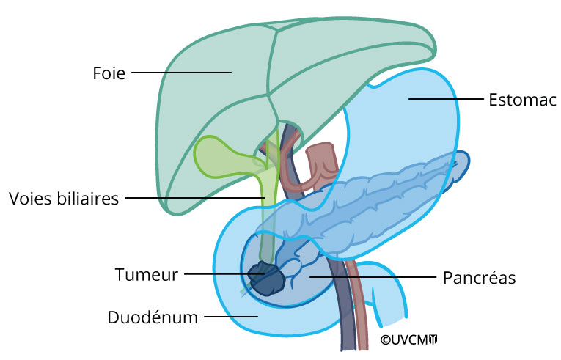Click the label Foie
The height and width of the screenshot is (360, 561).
click(109, 73)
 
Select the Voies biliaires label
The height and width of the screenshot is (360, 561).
click(64, 199)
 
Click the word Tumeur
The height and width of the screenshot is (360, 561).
click(147, 275)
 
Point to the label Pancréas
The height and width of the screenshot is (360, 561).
click(480, 278)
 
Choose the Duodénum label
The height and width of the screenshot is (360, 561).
click(153, 317)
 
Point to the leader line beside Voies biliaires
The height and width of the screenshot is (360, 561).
click(194, 198)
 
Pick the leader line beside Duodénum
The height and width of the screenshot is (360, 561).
click(231, 317)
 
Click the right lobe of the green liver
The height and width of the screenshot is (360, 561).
click(213, 95)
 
